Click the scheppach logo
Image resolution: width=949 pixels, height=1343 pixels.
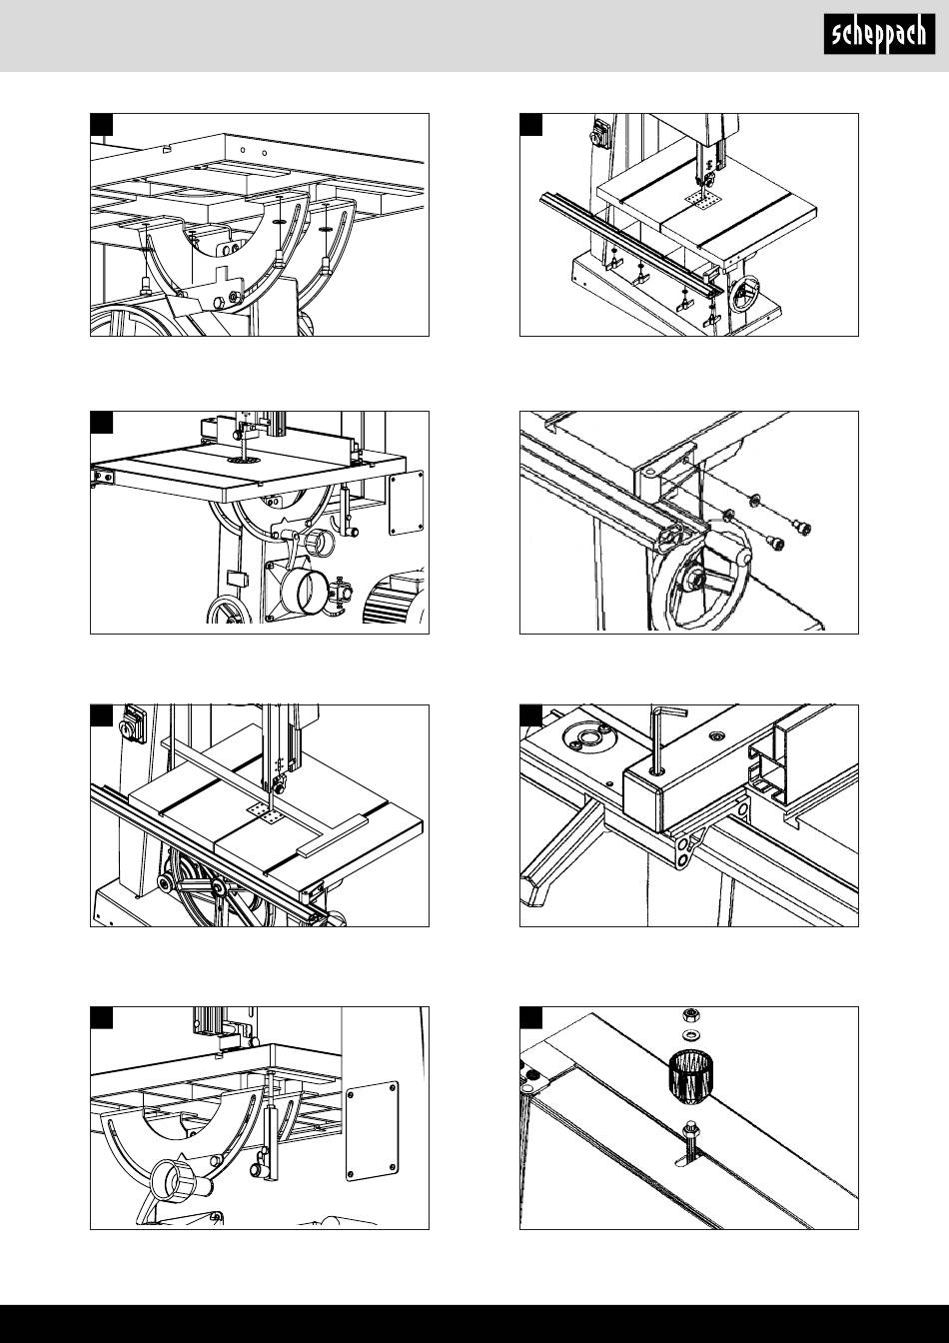click(x=879, y=34)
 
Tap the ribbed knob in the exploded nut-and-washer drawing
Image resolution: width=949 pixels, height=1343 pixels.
click(x=690, y=1077)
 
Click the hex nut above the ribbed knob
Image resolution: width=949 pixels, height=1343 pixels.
click(x=690, y=1015)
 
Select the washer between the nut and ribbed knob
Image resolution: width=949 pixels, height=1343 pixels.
click(x=690, y=1034)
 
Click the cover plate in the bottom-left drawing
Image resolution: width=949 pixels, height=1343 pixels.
click(x=372, y=1130)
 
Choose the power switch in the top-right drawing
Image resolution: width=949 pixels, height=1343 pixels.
click(x=600, y=133)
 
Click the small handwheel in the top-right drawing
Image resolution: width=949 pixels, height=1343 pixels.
click(x=747, y=294)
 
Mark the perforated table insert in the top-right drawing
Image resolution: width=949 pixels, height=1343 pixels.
click(x=702, y=200)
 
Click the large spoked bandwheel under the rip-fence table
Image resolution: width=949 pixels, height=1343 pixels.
click(x=217, y=888)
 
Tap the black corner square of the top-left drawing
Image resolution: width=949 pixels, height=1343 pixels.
click(x=101, y=124)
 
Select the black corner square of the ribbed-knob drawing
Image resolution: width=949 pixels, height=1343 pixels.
click(x=530, y=1017)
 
